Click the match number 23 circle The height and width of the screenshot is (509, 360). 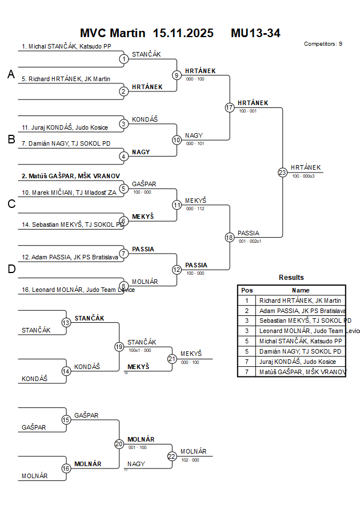(x=282, y=173)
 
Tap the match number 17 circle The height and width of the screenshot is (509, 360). (x=230, y=107)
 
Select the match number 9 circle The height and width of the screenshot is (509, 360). (x=177, y=75)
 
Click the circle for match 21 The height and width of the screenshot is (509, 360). (x=172, y=359)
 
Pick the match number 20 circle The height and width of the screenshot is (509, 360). (x=119, y=443)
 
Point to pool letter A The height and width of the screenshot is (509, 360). (x=11, y=74)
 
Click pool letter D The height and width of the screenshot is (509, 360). (x=11, y=269)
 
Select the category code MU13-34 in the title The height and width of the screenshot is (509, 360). (x=255, y=33)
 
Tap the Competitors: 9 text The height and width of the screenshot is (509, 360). (x=323, y=43)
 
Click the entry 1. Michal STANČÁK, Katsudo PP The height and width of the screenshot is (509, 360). (x=66, y=46)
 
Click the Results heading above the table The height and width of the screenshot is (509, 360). (x=291, y=278)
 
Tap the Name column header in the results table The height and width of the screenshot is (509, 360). (x=300, y=290)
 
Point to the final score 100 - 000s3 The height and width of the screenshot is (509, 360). (x=303, y=176)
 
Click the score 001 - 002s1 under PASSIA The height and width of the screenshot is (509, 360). (x=250, y=241)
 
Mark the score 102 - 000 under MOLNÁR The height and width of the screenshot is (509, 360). (x=190, y=459)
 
